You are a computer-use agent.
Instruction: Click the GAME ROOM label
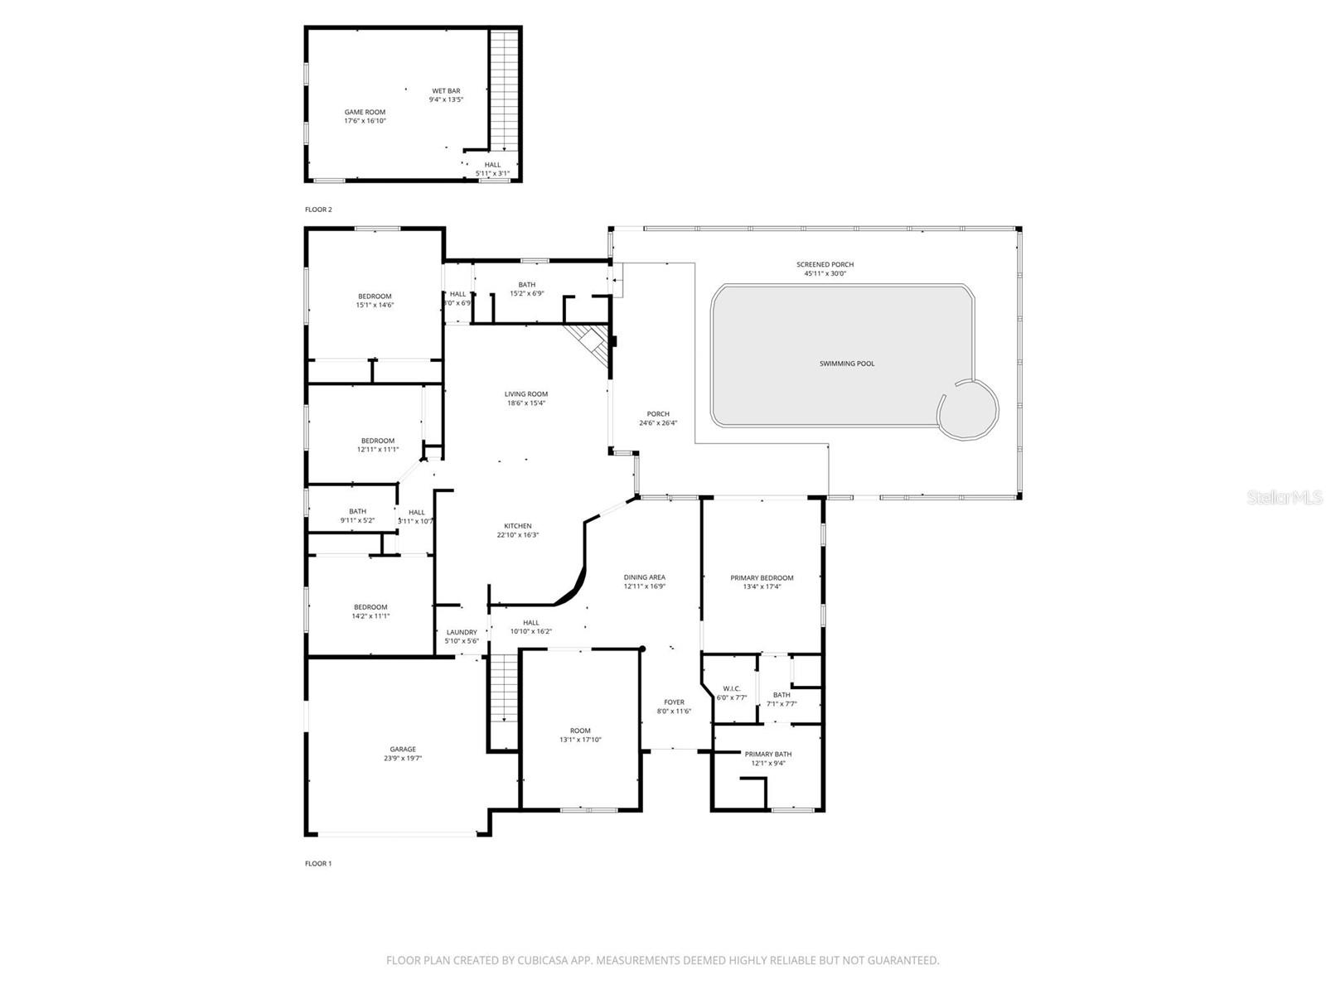pos(365,112)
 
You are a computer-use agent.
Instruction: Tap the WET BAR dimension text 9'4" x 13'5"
pos(446,99)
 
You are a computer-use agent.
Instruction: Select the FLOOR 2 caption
pos(318,210)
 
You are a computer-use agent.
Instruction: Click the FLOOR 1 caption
pos(318,863)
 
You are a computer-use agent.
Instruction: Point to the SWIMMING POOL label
pos(846,364)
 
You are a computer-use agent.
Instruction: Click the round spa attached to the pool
pos(967,409)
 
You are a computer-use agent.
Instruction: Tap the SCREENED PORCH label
pos(825,264)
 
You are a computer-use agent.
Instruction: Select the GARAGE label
pos(403,749)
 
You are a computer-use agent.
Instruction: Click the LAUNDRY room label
pos(462,632)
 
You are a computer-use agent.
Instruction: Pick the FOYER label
pos(674,702)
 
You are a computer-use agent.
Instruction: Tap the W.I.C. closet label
pos(732,688)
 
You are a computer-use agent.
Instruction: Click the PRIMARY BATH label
pos(767,754)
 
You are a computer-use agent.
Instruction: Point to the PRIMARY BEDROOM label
pos(761,577)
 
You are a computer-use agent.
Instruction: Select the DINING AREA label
pos(644,577)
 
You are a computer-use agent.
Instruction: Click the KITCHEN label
pos(518,526)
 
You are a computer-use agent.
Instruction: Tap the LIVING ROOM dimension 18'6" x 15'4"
pos(526,403)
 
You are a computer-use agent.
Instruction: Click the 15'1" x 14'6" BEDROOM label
pos(375,297)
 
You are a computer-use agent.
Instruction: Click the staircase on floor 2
pos(502,91)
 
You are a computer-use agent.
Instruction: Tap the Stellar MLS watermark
pos(1285,498)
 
